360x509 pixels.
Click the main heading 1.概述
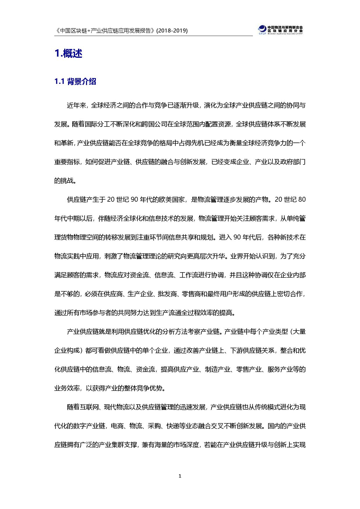coord(69,53)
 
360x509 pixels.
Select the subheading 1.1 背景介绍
coord(75,82)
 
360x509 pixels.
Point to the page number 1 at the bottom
coord(180,476)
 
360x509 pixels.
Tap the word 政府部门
coord(293,162)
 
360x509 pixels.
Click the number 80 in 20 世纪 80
coord(302,200)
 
